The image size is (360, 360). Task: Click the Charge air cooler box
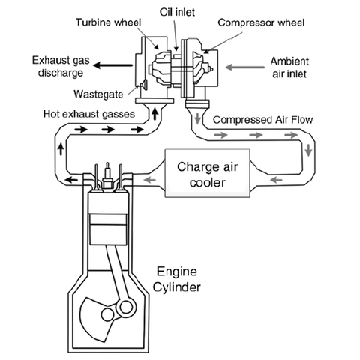207,173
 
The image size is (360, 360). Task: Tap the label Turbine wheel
109,22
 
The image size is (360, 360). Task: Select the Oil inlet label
177,12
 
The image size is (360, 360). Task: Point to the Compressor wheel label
261,22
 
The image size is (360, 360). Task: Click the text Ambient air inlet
289,67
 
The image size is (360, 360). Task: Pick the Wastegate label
98,94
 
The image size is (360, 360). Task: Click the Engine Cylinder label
177,279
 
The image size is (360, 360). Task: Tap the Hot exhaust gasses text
89,114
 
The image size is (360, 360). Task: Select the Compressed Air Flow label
262,120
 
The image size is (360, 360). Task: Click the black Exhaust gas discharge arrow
112,65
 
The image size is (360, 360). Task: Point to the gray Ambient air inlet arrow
245,67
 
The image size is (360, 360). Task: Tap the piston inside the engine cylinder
108,229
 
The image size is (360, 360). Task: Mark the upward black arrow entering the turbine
155,113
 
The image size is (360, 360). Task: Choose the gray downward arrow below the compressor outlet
198,118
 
